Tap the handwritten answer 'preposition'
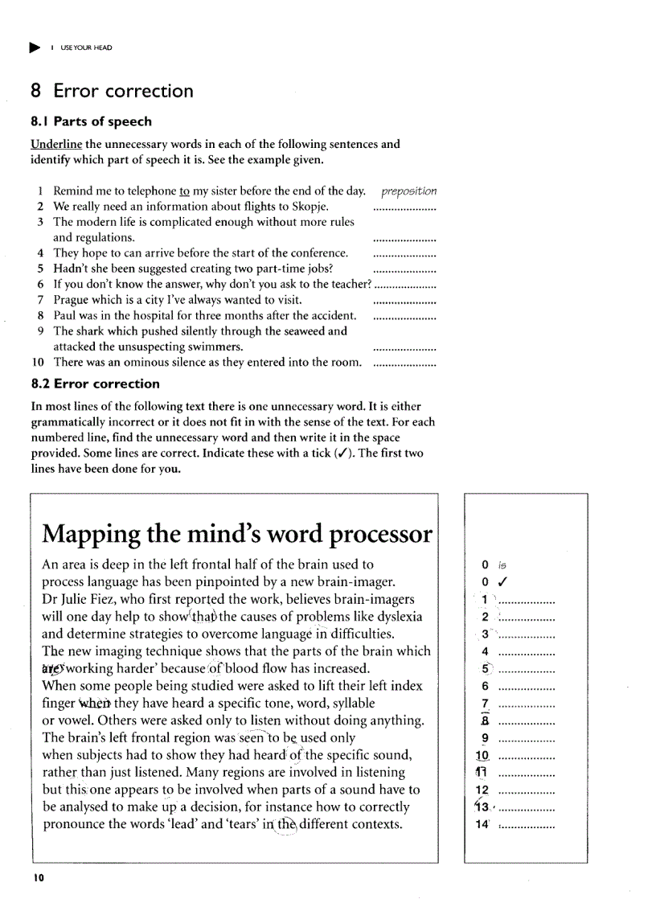point(408,191)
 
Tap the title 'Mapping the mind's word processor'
point(236,534)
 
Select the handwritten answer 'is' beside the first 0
point(503,565)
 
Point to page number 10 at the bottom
point(39,878)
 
